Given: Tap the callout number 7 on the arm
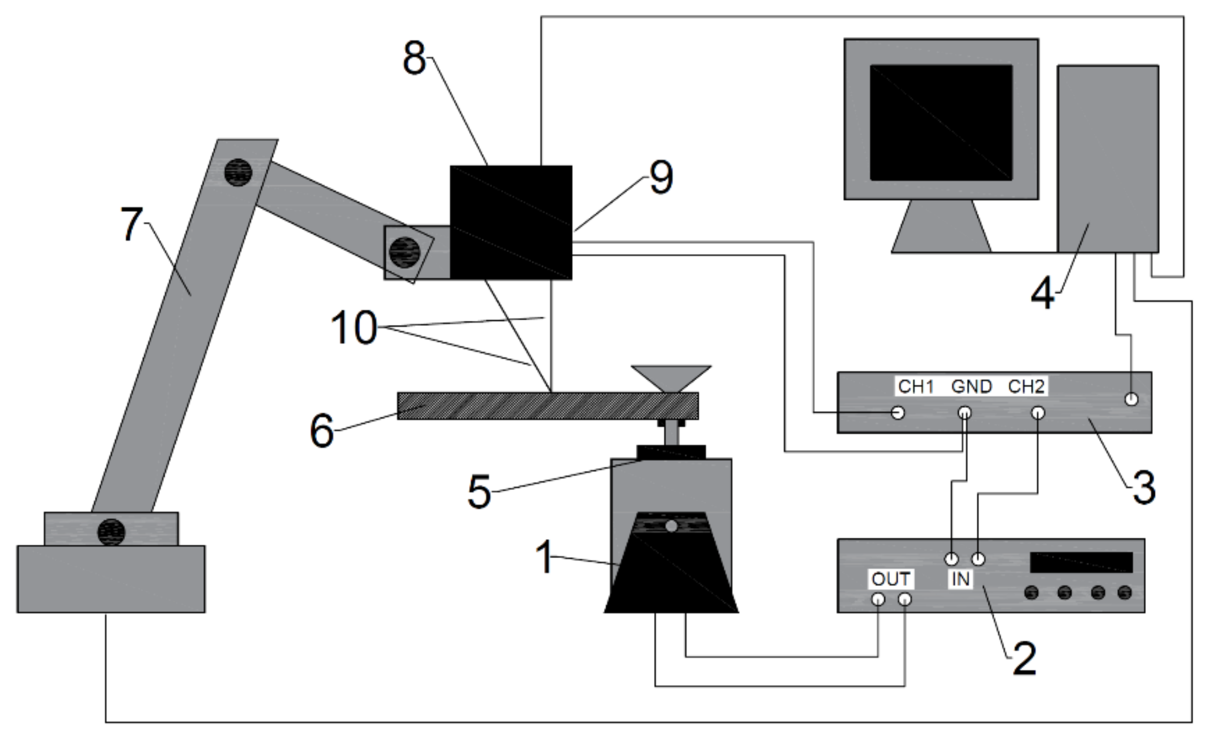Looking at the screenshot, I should [131, 224].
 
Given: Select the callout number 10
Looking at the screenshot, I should [354, 328].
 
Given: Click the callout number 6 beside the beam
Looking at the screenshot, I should [322, 431].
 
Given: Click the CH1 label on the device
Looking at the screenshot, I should [916, 386].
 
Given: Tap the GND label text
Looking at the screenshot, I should [971, 386].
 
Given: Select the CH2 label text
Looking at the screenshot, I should [1026, 386].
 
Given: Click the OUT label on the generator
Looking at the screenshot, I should [891, 579].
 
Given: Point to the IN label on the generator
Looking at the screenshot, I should [960, 579].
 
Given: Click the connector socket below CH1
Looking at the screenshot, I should [898, 413].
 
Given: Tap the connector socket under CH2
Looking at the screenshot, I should [1038, 413].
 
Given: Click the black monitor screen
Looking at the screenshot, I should [941, 122].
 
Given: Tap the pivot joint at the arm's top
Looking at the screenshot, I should [238, 172].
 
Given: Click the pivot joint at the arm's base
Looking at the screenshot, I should [111, 531].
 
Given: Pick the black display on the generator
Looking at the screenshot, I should [1081, 562].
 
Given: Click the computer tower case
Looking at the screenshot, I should [1108, 159].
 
